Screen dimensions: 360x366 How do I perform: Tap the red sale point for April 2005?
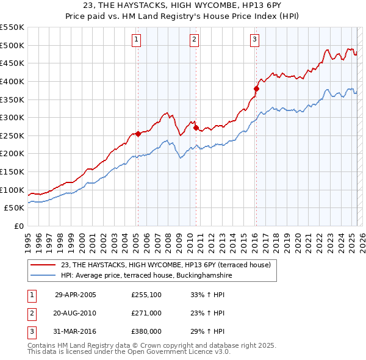138,134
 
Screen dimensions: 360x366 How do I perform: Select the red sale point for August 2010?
196,128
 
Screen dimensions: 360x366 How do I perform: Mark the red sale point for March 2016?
256,88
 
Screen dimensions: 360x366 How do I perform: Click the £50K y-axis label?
14,208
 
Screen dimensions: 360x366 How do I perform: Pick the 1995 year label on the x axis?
27,240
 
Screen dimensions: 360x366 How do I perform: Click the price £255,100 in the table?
146,295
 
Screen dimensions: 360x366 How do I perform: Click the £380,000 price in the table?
146,331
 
